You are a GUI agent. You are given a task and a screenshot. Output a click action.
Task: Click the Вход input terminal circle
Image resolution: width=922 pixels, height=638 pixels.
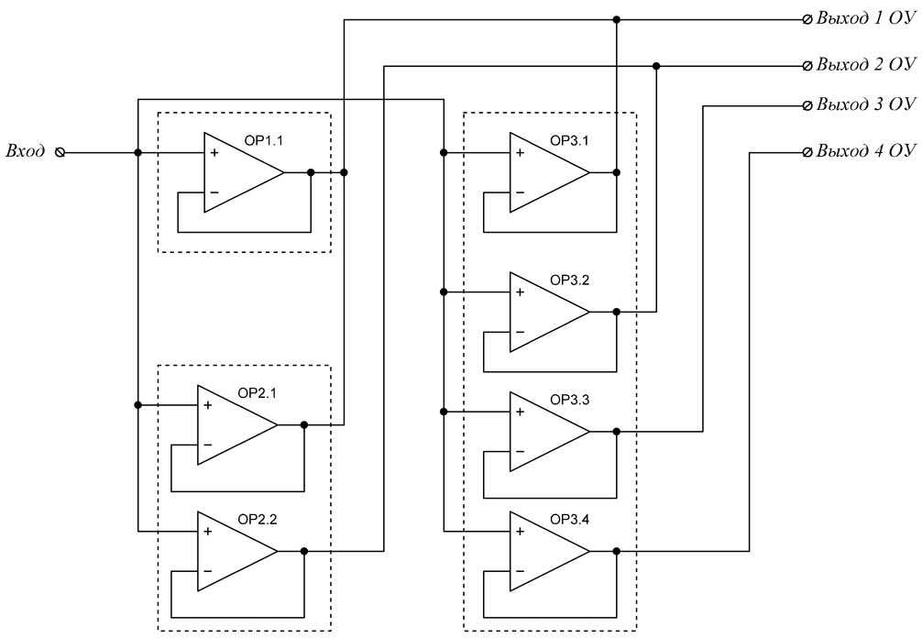61,152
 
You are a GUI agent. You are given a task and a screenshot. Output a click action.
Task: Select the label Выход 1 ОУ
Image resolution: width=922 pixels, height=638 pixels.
865,19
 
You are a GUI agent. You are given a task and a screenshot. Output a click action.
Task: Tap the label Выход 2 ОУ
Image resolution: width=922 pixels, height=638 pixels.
865,65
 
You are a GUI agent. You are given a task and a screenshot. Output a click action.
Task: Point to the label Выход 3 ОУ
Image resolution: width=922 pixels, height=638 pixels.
865,105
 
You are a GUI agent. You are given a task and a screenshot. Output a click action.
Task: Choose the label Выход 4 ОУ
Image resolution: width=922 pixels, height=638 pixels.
865,150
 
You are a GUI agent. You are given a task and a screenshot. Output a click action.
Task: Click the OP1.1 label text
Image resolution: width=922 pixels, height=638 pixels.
263,141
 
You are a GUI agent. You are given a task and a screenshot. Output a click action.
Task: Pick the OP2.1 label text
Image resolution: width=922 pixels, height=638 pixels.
257,393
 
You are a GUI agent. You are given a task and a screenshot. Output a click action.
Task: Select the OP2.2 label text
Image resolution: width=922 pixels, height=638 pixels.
257,519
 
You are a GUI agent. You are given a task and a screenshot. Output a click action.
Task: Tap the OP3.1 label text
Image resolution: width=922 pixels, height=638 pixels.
569,141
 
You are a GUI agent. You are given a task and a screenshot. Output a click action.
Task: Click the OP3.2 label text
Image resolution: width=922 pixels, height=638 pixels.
569,280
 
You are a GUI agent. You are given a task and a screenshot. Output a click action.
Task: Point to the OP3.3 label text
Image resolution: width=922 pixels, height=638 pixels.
569,401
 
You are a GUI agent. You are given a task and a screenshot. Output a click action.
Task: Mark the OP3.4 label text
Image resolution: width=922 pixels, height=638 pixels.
569,521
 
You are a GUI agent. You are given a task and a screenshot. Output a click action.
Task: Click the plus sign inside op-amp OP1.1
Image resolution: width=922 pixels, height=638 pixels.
214,153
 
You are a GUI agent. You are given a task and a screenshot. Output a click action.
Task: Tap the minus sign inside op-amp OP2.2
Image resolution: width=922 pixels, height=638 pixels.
207,571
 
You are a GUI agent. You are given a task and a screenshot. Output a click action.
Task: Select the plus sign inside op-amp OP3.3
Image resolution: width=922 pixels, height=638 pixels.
520,412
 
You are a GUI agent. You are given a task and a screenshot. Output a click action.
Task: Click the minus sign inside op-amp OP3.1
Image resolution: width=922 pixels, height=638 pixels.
520,192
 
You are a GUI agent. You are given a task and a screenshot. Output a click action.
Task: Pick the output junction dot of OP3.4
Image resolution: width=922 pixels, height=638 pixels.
617,551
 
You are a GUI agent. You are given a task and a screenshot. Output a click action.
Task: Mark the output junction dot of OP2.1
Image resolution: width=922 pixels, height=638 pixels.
304,424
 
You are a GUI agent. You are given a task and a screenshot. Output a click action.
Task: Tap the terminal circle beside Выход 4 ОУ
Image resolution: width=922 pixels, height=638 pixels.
807,151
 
